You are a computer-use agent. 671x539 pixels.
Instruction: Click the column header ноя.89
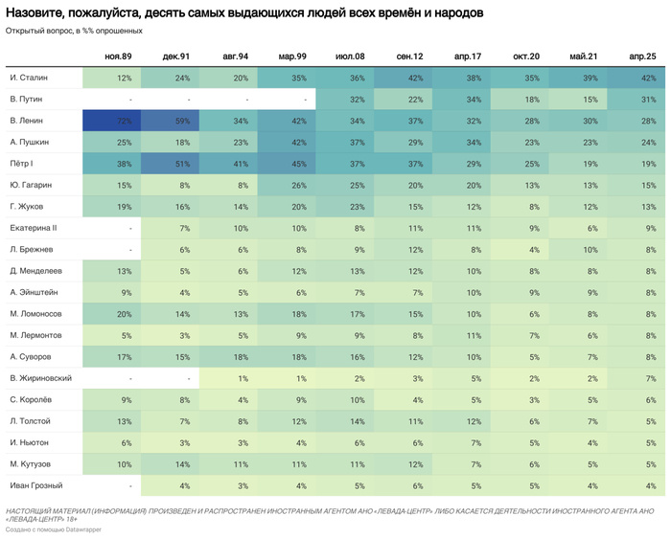pos(118,56)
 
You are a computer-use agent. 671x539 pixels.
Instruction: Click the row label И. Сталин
pos(29,78)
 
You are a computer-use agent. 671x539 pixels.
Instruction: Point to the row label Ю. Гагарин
pos(31,185)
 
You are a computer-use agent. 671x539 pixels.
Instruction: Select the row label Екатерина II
pos(35,228)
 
